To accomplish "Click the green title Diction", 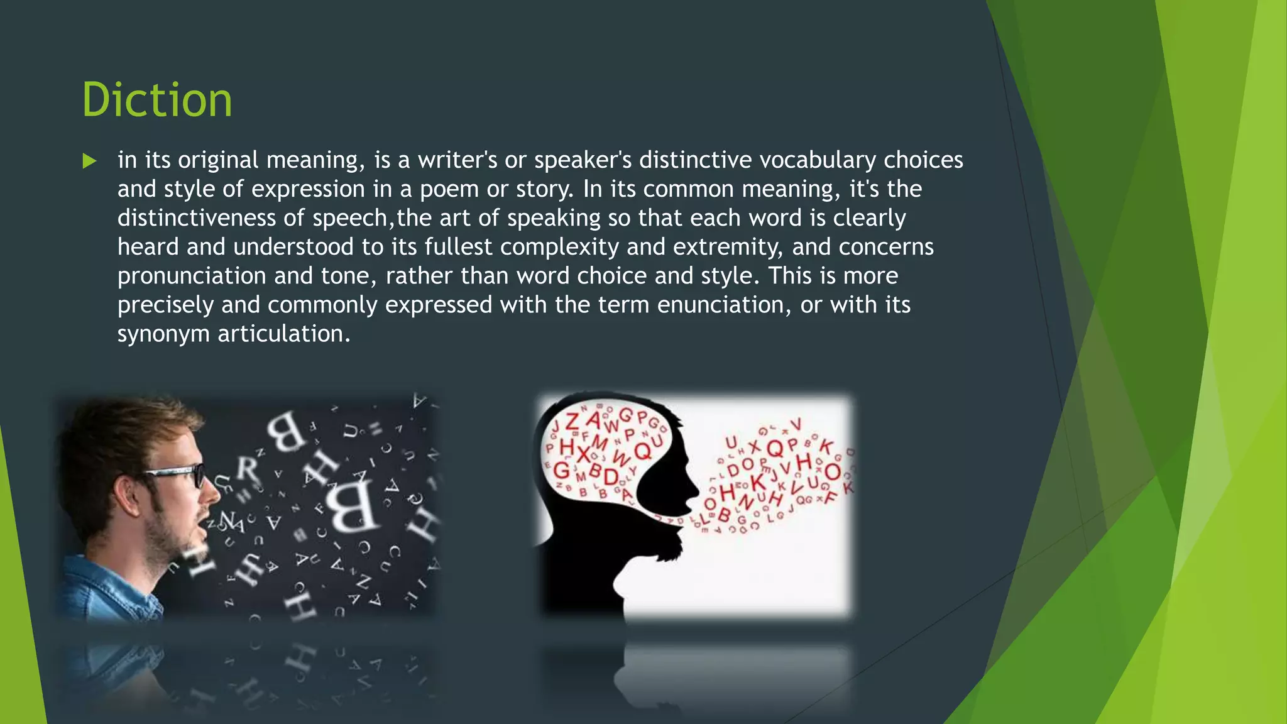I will (x=157, y=100).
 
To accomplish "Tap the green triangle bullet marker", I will (x=89, y=161).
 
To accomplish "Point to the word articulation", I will (x=283, y=334).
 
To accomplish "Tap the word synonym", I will (x=163, y=334).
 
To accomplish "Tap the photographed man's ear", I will (x=126, y=496).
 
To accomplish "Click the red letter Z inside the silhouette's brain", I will (x=572, y=420).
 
